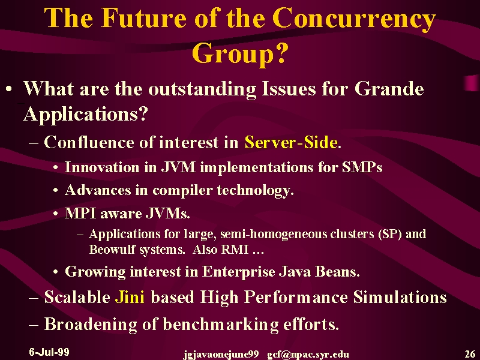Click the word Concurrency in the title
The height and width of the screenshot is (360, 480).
coord(354,19)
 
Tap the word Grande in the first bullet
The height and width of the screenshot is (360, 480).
coord(389,89)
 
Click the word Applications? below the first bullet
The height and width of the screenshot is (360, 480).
coord(85,115)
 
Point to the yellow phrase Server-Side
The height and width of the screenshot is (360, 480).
coord(291,142)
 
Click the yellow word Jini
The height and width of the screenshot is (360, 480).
coord(130,297)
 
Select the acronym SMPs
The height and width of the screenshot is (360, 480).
coord(362,167)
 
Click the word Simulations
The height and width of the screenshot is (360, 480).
coord(400,297)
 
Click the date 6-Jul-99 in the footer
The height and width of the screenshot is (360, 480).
coord(49,352)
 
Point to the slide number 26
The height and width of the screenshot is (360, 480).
coord(470,354)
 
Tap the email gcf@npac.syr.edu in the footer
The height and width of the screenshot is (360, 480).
coord(308,355)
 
